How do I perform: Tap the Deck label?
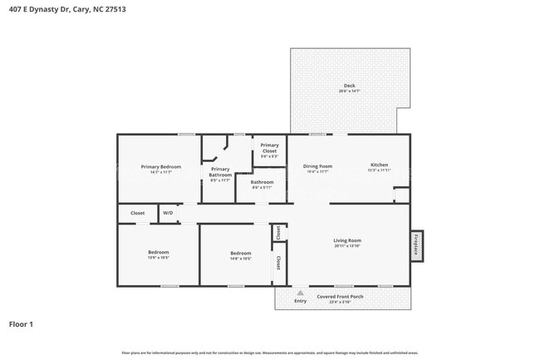[350, 86]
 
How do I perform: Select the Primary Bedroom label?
[160, 167]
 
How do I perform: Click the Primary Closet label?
[269, 148]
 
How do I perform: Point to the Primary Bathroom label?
[220, 172]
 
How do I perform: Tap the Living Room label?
[347, 240]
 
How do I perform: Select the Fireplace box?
[417, 245]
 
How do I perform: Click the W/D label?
[168, 213]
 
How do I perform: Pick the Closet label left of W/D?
[137, 213]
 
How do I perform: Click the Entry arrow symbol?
[300, 293]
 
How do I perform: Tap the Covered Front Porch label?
[340, 296]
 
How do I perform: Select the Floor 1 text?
[21, 323]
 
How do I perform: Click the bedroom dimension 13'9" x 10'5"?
[158, 258]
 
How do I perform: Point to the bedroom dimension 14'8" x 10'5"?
[240, 258]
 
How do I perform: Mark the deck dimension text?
[350, 91]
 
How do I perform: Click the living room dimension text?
[347, 246]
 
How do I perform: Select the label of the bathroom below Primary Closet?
[262, 181]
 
